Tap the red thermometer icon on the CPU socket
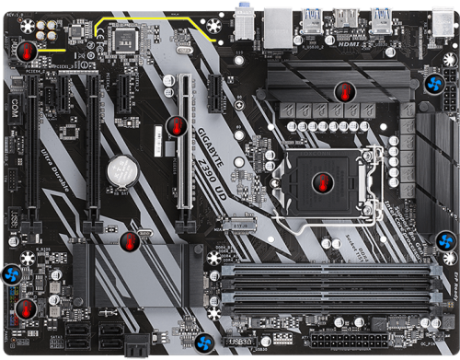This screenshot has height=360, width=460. (x=322, y=180)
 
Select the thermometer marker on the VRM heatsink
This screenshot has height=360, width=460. (x=344, y=91)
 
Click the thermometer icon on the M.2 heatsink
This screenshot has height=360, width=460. (x=132, y=241)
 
